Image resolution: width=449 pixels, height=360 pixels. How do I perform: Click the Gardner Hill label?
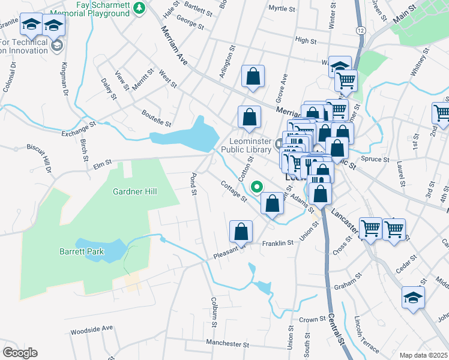click(135, 191)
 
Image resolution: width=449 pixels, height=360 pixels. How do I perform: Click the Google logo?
click(20, 353)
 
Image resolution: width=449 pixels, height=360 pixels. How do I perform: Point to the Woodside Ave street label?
click(91, 329)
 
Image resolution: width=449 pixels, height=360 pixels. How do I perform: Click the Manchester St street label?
click(227, 344)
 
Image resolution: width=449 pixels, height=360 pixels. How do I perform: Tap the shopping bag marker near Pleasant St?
click(241, 231)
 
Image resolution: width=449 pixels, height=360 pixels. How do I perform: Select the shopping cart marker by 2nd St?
click(441, 113)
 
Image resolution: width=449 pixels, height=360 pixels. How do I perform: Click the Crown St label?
click(312, 320)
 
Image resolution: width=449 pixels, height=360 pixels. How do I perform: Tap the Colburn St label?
click(213, 311)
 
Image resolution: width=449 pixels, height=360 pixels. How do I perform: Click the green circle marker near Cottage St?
click(257, 187)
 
